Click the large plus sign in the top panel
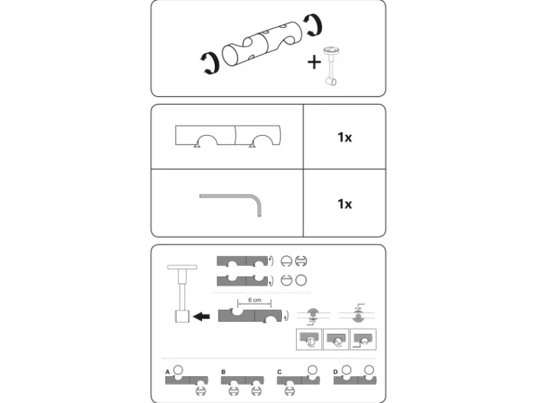314,62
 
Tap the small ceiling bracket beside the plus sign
331,66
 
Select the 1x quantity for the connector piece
344,138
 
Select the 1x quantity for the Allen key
344,204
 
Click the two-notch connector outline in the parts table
228,136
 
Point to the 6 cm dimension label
254,300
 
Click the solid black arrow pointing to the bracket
201,316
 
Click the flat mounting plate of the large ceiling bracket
182,267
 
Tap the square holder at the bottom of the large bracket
183,316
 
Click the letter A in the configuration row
167,372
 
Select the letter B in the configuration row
224,372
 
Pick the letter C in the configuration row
279,372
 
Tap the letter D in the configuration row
335,372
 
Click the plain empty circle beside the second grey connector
301,280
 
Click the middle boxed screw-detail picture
336,339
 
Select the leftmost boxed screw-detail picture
309,339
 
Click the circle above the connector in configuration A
178,370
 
